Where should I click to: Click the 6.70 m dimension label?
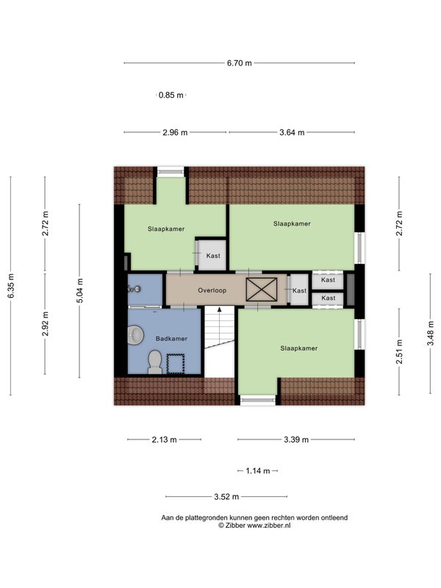point(240,63)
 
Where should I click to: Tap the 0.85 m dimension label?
point(171,96)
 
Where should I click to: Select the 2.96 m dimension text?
point(175,132)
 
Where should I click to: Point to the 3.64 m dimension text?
point(292,132)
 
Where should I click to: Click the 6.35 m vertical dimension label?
point(11,286)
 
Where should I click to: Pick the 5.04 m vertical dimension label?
point(80,291)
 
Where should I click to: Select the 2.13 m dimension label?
point(164,440)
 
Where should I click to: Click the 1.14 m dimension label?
point(258,470)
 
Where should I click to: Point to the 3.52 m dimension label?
point(226,497)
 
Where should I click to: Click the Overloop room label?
point(212,290)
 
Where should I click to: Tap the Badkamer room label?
point(171,339)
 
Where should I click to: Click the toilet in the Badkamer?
point(155,362)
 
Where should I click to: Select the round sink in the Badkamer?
point(135,335)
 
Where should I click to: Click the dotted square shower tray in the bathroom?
point(176,364)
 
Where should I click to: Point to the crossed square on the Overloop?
point(262,290)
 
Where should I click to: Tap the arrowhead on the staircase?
point(219,309)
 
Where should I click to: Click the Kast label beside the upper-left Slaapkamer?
point(213,256)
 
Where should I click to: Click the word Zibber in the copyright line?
point(235,526)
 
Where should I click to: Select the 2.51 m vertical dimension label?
point(399,351)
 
